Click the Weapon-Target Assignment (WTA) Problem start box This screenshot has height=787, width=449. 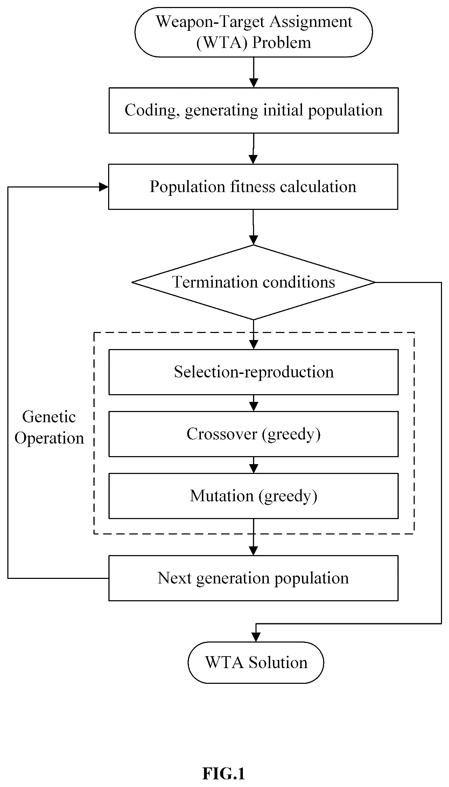click(254, 32)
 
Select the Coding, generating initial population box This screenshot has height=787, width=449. click(254, 110)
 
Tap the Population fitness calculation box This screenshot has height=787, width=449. click(253, 187)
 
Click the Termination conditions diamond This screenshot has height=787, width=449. click(253, 282)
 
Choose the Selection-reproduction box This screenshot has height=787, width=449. click(254, 372)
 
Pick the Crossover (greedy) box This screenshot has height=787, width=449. click(254, 434)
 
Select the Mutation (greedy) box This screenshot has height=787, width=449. click(254, 496)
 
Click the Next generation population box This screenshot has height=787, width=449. click(253, 578)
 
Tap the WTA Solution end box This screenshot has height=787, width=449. click(256, 662)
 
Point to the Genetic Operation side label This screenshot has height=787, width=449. click(49, 427)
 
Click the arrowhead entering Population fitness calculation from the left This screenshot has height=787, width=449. click(104, 187)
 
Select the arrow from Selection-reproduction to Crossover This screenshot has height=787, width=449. click(254, 403)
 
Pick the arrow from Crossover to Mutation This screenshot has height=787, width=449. click(254, 465)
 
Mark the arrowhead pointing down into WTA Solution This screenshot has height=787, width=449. click(256, 637)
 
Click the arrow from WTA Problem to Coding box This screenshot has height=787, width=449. click(254, 72)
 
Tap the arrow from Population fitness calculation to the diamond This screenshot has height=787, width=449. click(253, 227)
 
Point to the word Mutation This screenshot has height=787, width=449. click(222, 496)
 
